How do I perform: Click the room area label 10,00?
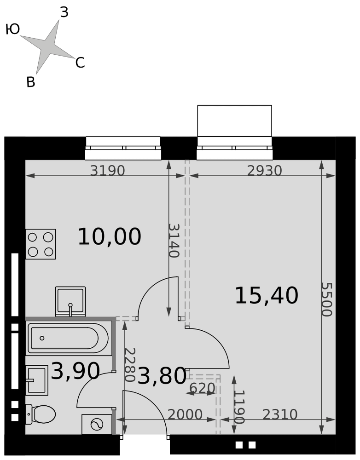pyautogui.click(x=109, y=236)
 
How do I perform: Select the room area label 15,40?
pyautogui.click(x=267, y=295)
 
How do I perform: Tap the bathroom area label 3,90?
pyautogui.click(x=75, y=371)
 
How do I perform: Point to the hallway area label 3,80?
pyautogui.click(x=162, y=376)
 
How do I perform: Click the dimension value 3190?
pyautogui.click(x=107, y=171)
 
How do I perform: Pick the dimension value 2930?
pyautogui.click(x=264, y=171)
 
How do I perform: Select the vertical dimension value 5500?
pyautogui.click(x=326, y=299)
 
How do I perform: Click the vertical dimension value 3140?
pyautogui.click(x=174, y=241)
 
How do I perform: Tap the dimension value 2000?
pyautogui.click(x=185, y=414)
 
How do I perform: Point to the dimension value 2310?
pyautogui.click(x=280, y=414)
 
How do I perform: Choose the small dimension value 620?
pyautogui.click(x=202, y=388)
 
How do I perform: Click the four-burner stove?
pyautogui.click(x=41, y=244)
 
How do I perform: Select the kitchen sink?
pyautogui.click(x=70, y=302)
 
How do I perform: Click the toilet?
pyautogui.click(x=41, y=414)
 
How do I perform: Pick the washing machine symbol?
pyautogui.click(x=97, y=424)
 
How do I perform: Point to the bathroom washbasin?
pyautogui.click(x=37, y=380)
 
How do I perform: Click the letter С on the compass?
pyautogui.click(x=80, y=63)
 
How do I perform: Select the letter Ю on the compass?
pyautogui.click(x=13, y=29)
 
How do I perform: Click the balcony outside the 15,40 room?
pyautogui.click(x=235, y=121)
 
